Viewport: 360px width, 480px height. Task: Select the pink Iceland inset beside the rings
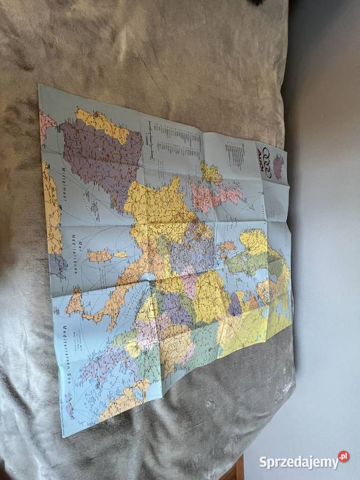click(x=278, y=167)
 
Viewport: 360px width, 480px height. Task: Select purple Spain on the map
click(x=99, y=152)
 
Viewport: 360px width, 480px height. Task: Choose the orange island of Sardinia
click(x=99, y=256)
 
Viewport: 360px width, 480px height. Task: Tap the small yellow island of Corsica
click(x=121, y=254)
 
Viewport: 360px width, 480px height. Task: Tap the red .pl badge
click(x=343, y=457)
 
